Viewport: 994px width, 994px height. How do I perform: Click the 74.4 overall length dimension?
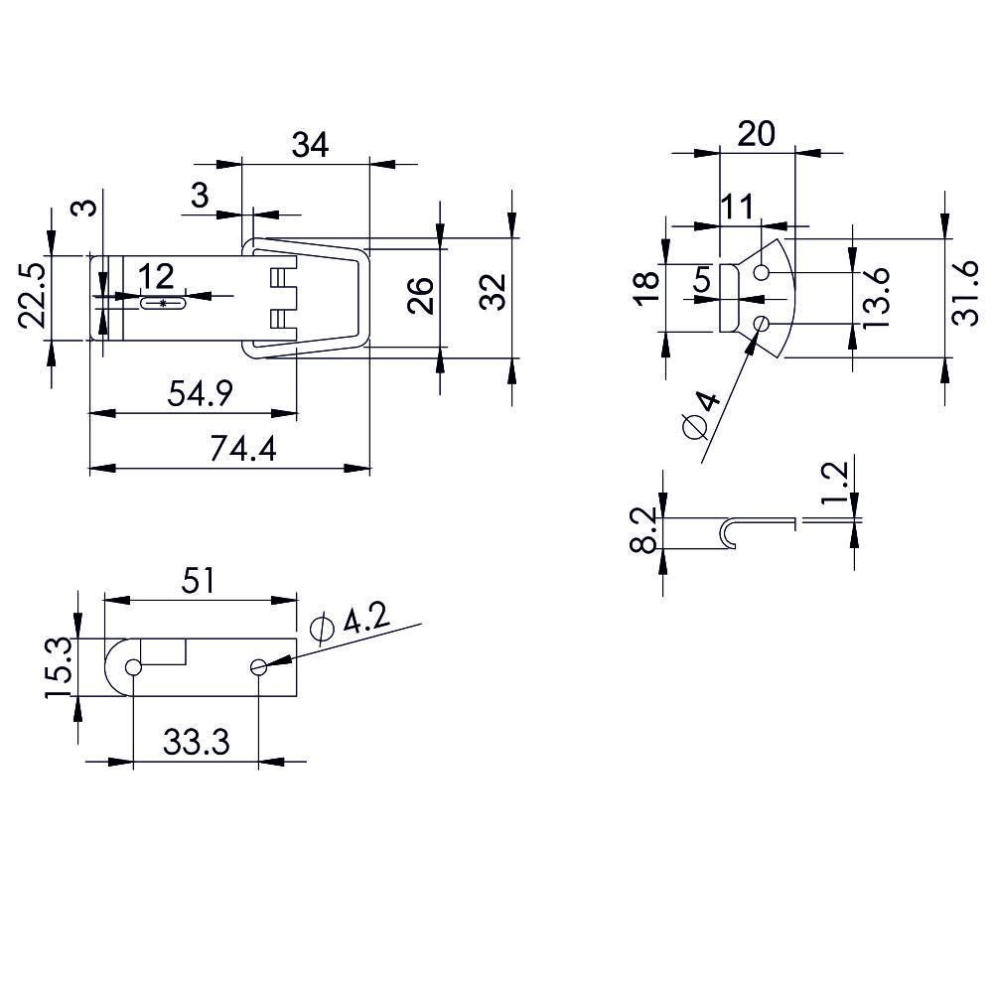243,449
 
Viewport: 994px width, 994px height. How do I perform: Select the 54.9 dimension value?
201,393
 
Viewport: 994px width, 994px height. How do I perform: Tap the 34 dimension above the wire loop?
310,145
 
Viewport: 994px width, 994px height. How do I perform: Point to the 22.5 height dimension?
31,295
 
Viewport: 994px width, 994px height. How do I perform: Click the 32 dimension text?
493,291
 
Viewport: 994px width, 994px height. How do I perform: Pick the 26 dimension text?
420,295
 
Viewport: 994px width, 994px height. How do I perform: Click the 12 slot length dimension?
156,277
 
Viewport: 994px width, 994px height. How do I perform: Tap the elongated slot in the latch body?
164,304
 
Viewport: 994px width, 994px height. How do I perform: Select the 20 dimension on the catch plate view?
757,134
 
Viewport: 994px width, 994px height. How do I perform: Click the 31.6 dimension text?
965,293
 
